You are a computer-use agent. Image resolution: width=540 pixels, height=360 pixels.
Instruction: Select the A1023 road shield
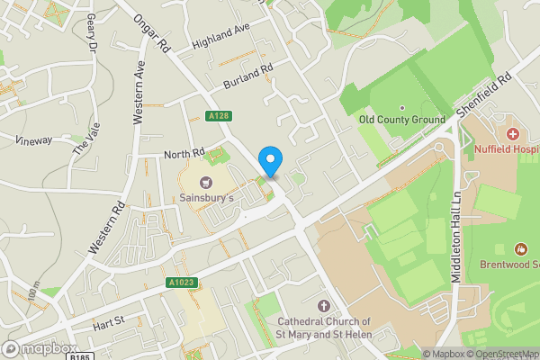(x=180, y=283)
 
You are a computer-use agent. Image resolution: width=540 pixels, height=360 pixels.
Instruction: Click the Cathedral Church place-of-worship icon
(x=324, y=306)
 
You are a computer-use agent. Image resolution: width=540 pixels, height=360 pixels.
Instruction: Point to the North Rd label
(x=184, y=155)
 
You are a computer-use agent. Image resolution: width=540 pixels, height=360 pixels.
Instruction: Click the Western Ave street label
(x=139, y=92)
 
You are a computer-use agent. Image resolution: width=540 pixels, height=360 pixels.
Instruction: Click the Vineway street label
(x=33, y=139)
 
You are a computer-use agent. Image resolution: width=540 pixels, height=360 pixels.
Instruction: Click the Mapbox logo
(x=40, y=348)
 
